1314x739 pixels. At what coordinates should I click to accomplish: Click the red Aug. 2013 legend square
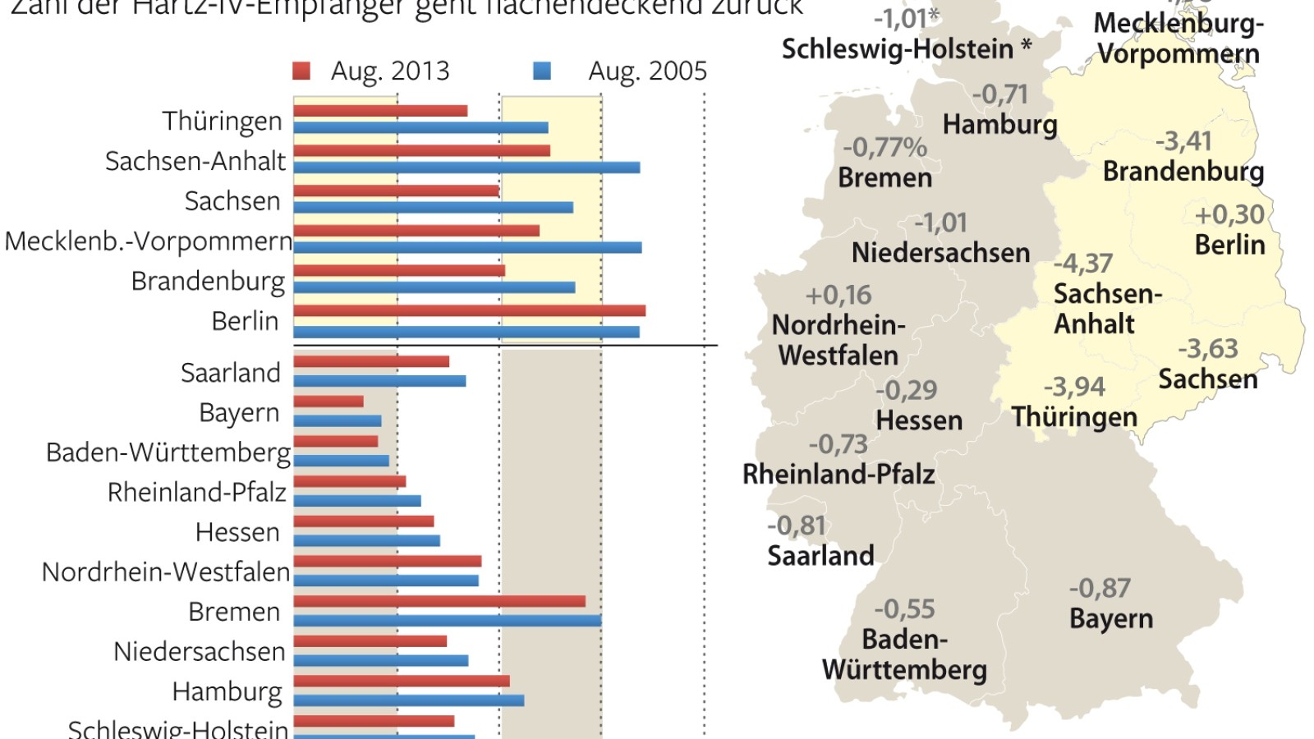301,71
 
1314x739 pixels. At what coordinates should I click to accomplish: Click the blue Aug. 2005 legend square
541,71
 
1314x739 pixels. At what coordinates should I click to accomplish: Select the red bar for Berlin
469,310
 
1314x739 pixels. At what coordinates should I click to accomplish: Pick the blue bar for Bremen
448,621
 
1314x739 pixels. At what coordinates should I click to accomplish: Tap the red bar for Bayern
328,402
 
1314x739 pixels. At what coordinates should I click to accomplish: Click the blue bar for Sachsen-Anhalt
466,168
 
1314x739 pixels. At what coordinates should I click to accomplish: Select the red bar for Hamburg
402,681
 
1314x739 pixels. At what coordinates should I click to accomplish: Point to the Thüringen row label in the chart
222,121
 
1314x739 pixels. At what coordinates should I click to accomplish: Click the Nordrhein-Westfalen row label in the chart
166,571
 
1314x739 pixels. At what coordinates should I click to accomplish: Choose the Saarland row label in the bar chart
231,373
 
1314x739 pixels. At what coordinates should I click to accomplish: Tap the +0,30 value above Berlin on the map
1229,215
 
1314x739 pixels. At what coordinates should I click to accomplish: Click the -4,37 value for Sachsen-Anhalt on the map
1083,264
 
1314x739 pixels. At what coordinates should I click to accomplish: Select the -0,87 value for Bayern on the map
1100,588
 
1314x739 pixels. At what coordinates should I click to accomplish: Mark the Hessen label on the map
919,420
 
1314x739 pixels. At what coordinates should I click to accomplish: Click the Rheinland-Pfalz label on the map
838,475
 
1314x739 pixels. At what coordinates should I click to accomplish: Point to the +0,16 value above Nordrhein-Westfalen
838,296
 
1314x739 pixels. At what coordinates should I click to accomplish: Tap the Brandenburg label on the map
1183,172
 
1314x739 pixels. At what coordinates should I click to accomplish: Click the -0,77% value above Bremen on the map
884,148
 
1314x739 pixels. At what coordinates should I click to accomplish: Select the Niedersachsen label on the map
940,253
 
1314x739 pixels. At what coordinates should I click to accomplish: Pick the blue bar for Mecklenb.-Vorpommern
467,247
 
